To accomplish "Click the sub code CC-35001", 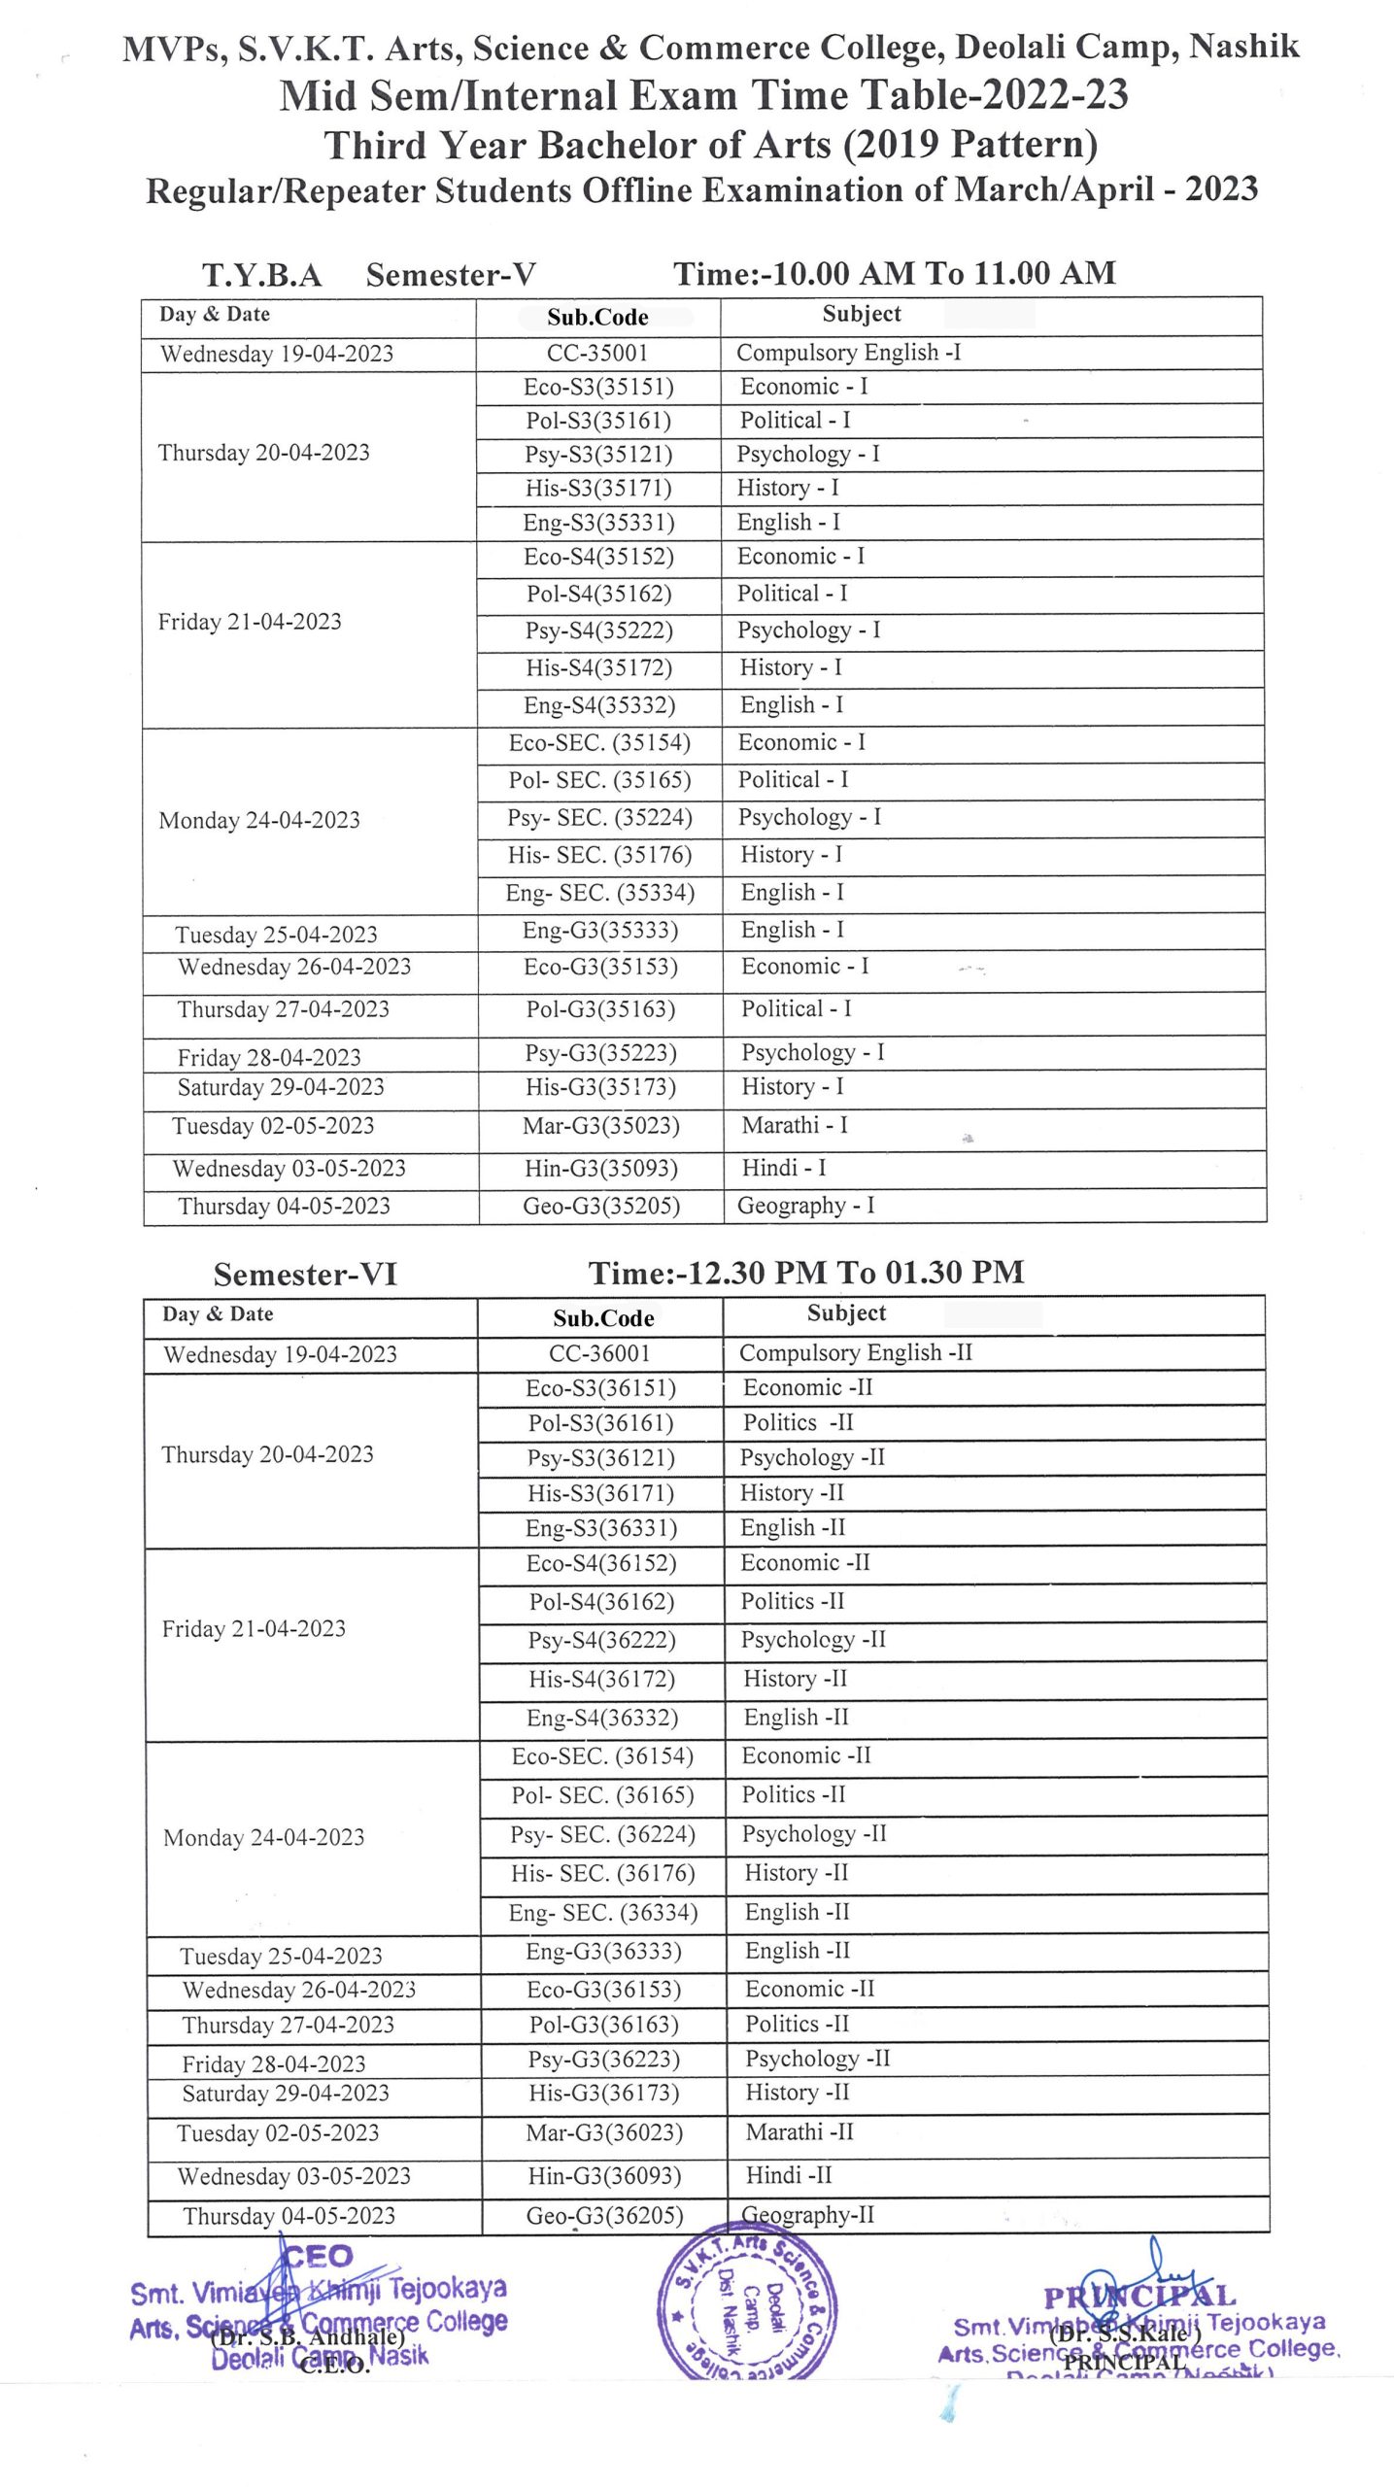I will click(596, 353).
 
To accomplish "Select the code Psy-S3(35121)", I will click(598, 455).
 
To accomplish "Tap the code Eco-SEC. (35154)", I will click(599, 743).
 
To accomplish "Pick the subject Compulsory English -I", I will click(848, 352).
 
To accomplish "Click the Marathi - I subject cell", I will click(795, 1125).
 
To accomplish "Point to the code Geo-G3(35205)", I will click(601, 1207).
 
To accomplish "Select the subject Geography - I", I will click(805, 1206).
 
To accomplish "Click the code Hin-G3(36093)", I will click(604, 2176).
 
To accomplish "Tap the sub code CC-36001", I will click(599, 1353).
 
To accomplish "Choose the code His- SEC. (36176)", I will click(603, 1873).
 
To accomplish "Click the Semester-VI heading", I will click(305, 1274).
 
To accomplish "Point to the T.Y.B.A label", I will click(261, 275).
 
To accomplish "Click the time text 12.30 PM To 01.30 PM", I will click(806, 1273).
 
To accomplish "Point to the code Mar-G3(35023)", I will click(600, 1126).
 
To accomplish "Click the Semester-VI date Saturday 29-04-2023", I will click(286, 2094).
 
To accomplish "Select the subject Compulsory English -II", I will click(855, 1352).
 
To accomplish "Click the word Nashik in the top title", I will click(1244, 47).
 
